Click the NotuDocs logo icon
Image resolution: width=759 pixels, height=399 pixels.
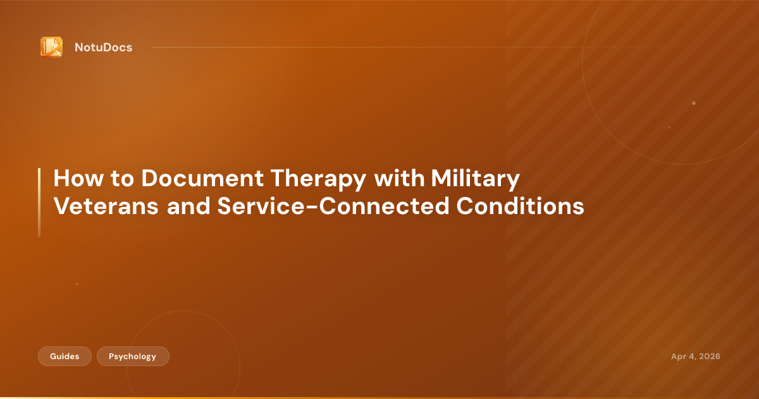click(51, 47)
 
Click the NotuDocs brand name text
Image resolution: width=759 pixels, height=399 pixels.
click(103, 47)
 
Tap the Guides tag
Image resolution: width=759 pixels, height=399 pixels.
click(65, 357)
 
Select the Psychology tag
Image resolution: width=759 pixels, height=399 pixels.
click(133, 357)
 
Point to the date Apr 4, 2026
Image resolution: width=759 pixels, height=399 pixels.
click(695, 357)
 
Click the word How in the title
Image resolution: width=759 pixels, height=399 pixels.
click(75, 179)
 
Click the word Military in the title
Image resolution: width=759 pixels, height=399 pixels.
click(475, 179)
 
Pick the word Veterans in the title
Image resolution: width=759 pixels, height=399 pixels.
click(106, 206)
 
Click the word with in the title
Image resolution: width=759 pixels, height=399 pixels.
click(399, 179)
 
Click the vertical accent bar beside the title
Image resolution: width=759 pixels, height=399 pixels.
click(39, 203)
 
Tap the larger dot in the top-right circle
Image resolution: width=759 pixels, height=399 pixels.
click(694, 103)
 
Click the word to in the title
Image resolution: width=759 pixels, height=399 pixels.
click(120, 179)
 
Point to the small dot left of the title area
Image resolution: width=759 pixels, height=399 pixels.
click(77, 284)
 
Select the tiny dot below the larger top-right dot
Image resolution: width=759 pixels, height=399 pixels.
click(669, 127)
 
